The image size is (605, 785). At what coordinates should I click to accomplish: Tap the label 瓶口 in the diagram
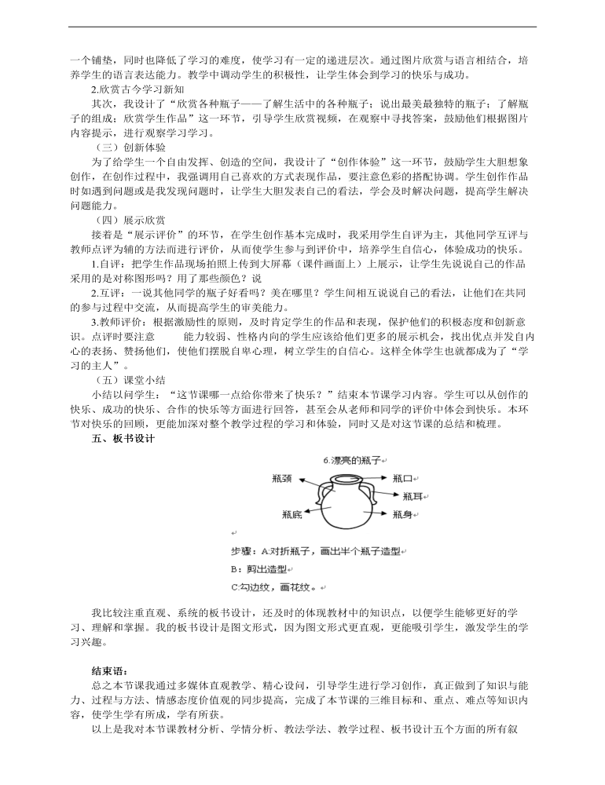point(402,477)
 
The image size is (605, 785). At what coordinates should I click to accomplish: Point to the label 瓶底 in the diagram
point(291,515)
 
